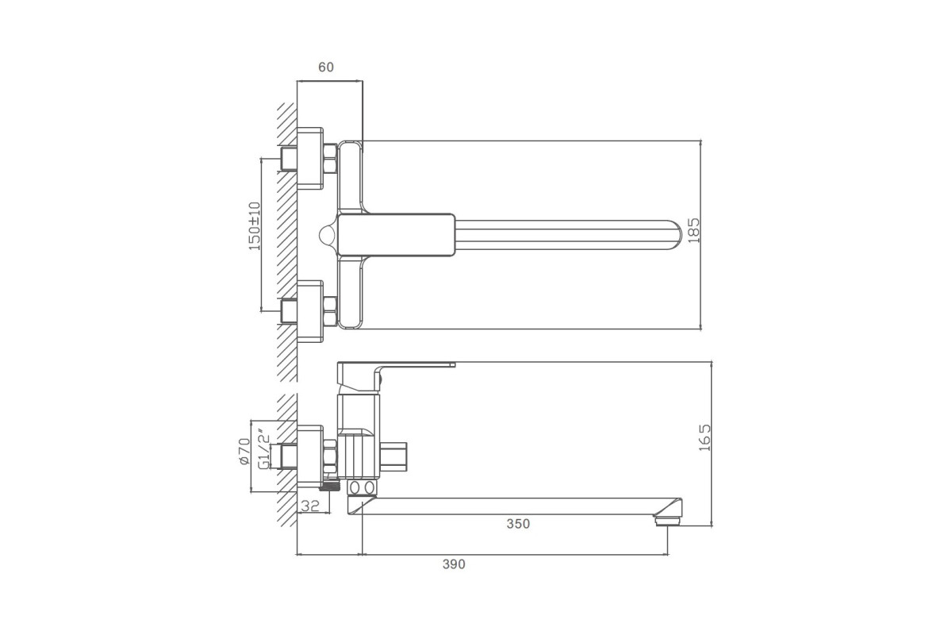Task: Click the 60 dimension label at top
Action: (326, 67)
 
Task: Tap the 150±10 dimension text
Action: (255, 226)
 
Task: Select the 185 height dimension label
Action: (693, 230)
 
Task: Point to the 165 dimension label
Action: (704, 437)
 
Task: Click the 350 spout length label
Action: (518, 524)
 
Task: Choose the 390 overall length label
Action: (454, 564)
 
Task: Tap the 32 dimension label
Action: (310, 506)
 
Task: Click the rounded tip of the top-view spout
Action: (676, 235)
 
